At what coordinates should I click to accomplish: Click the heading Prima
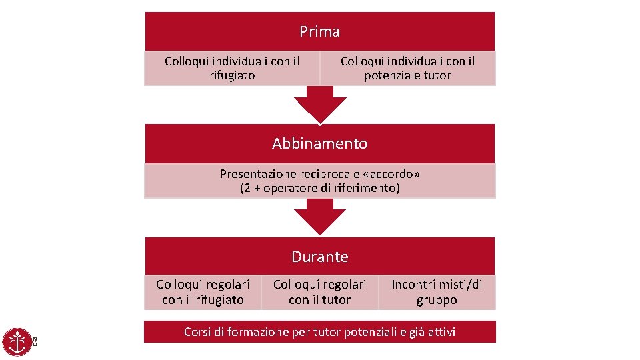319,31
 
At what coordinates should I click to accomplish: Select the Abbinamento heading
319,143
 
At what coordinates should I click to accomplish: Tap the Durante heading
319,257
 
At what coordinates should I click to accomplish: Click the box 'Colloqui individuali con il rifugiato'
232,68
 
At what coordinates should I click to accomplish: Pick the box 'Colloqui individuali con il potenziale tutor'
407,68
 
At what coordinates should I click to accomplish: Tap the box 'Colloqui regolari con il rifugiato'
203,292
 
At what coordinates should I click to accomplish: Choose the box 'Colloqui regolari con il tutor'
319,292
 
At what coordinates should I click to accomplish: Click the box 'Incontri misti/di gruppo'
437,292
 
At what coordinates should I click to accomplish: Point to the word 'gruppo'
437,300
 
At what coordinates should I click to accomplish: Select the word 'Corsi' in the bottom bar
198,331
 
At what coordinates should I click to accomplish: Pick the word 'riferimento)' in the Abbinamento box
368,188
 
